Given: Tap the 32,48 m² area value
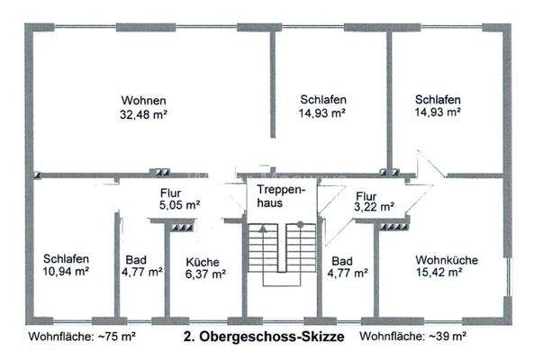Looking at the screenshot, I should point(144,114).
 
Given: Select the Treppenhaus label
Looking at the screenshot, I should point(282,197).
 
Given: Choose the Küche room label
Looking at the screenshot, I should point(203,262).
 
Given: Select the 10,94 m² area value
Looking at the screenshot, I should point(67,270).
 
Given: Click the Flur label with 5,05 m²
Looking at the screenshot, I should point(171,192).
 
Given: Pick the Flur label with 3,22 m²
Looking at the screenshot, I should point(366,194).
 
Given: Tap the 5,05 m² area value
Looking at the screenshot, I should point(179,204).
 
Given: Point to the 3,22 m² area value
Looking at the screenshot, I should point(375,206).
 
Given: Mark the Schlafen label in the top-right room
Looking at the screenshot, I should point(438,100).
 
